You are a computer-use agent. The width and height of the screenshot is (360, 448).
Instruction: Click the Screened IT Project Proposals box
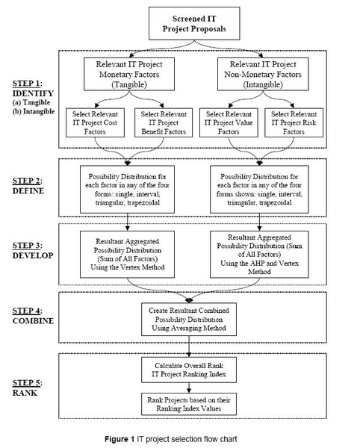[194, 23]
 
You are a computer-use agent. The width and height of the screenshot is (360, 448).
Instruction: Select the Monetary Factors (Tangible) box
[129, 74]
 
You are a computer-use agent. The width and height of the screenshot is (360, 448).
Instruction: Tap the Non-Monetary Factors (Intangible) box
[263, 74]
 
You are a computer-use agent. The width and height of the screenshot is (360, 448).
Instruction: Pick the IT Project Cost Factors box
[95, 122]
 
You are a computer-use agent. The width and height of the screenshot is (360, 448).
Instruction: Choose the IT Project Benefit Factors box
[164, 122]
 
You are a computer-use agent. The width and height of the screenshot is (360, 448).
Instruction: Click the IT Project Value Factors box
[229, 122]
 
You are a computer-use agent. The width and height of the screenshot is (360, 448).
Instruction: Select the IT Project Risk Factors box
[294, 122]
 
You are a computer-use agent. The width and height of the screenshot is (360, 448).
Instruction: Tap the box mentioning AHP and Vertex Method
[259, 255]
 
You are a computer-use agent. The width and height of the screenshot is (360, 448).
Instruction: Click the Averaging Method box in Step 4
[189, 319]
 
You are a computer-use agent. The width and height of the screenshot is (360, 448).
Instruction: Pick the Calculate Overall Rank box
[189, 370]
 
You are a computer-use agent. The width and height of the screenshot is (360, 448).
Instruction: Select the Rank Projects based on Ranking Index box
[189, 404]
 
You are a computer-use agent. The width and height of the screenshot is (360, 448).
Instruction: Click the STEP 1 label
[27, 84]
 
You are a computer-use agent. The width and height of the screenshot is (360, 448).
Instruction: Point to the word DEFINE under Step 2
[28, 191]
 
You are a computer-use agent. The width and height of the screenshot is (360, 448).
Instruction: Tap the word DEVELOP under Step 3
[33, 255]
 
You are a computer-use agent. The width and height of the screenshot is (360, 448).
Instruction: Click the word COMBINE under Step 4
[33, 320]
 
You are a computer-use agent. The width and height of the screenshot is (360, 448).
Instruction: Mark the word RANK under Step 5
[25, 393]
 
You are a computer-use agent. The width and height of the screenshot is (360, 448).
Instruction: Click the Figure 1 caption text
[171, 439]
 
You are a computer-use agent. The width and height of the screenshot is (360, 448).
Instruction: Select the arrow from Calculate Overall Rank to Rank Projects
[189, 388]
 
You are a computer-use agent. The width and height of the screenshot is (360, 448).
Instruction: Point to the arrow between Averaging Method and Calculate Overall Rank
[189, 346]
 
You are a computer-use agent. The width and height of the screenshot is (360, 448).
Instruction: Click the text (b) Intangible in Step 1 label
[34, 111]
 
